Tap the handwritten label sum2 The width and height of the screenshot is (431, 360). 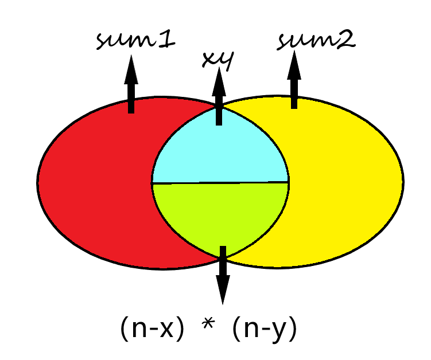tap(316, 40)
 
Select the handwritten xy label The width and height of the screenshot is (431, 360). tap(217, 59)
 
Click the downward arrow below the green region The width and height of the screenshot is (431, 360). tap(223, 275)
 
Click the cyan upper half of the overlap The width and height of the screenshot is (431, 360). tap(220, 152)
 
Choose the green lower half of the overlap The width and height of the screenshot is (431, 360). tap(220, 212)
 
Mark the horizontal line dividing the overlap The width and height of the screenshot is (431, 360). tap(220, 183)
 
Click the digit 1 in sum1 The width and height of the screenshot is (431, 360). tap(170, 40)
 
